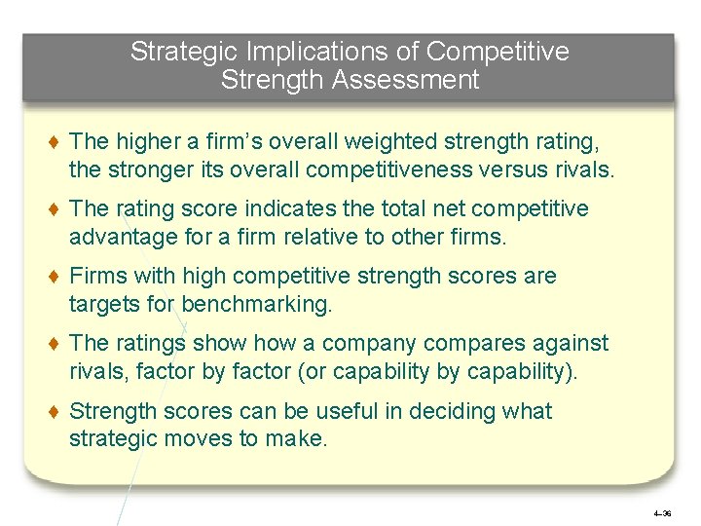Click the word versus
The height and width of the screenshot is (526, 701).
coord(535,170)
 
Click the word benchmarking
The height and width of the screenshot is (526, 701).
coord(256,304)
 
